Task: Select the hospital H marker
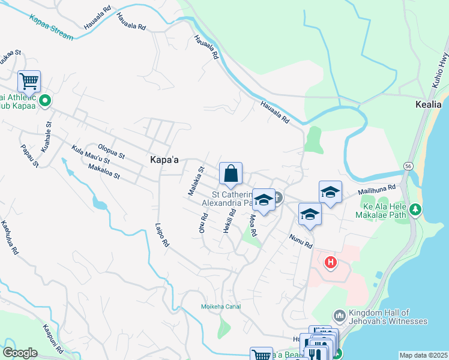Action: pos(330,262)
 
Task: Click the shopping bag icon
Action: pos(231,175)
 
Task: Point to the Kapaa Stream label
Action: pos(51,26)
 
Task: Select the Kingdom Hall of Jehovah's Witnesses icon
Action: pos(339,316)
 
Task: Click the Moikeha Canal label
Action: pos(221,307)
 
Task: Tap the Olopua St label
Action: pos(111,151)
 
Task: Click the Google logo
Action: pos(20,353)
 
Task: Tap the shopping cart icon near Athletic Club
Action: pos(28,81)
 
